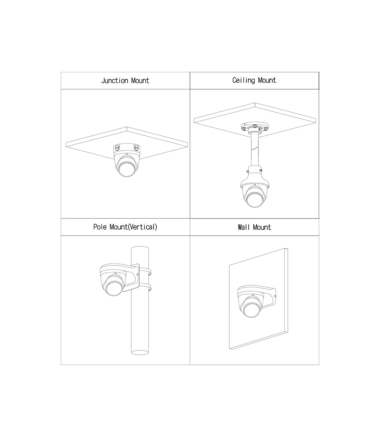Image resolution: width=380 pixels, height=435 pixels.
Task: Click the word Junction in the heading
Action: click(x=115, y=81)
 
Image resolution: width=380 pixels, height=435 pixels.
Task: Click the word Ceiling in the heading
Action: click(x=244, y=80)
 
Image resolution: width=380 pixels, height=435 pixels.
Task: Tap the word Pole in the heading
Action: click(x=100, y=227)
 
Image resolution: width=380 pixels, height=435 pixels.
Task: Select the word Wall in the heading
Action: click(x=244, y=227)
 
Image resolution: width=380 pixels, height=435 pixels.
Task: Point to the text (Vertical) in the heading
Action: click(x=142, y=227)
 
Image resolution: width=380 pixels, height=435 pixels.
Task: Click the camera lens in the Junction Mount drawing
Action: click(x=127, y=169)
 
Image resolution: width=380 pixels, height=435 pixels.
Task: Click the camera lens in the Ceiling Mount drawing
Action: click(x=255, y=200)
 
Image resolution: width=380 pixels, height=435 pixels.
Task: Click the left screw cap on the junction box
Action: click(x=117, y=148)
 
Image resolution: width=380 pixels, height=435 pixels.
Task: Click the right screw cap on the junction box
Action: click(x=137, y=147)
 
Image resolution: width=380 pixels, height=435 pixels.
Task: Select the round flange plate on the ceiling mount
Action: click(x=255, y=127)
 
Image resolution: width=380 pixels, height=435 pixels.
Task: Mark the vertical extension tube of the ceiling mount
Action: click(x=255, y=149)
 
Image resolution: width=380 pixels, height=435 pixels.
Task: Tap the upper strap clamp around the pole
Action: click(x=150, y=272)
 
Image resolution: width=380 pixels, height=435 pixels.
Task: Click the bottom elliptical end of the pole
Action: click(x=140, y=353)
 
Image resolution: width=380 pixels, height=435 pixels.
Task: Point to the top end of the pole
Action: click(x=140, y=248)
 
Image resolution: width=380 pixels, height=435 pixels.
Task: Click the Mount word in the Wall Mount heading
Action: click(x=262, y=227)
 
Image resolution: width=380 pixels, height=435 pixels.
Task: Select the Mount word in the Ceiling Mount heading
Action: click(x=267, y=80)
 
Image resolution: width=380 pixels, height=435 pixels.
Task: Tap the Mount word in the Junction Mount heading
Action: click(x=140, y=81)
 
